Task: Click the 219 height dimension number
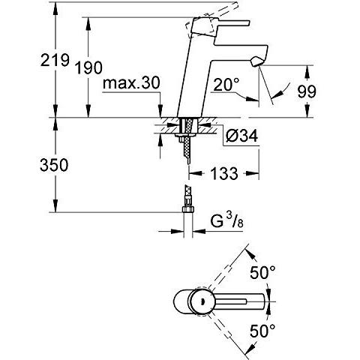tap(55, 60)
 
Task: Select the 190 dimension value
tap(89, 67)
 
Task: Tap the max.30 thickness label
tap(131, 83)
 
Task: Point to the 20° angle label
tap(226, 84)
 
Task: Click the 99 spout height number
tap(307, 91)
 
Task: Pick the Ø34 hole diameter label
tap(241, 136)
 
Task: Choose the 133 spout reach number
tap(224, 173)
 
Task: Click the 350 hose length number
tap(54, 165)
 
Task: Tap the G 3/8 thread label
tap(226, 220)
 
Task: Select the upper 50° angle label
tap(262, 272)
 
